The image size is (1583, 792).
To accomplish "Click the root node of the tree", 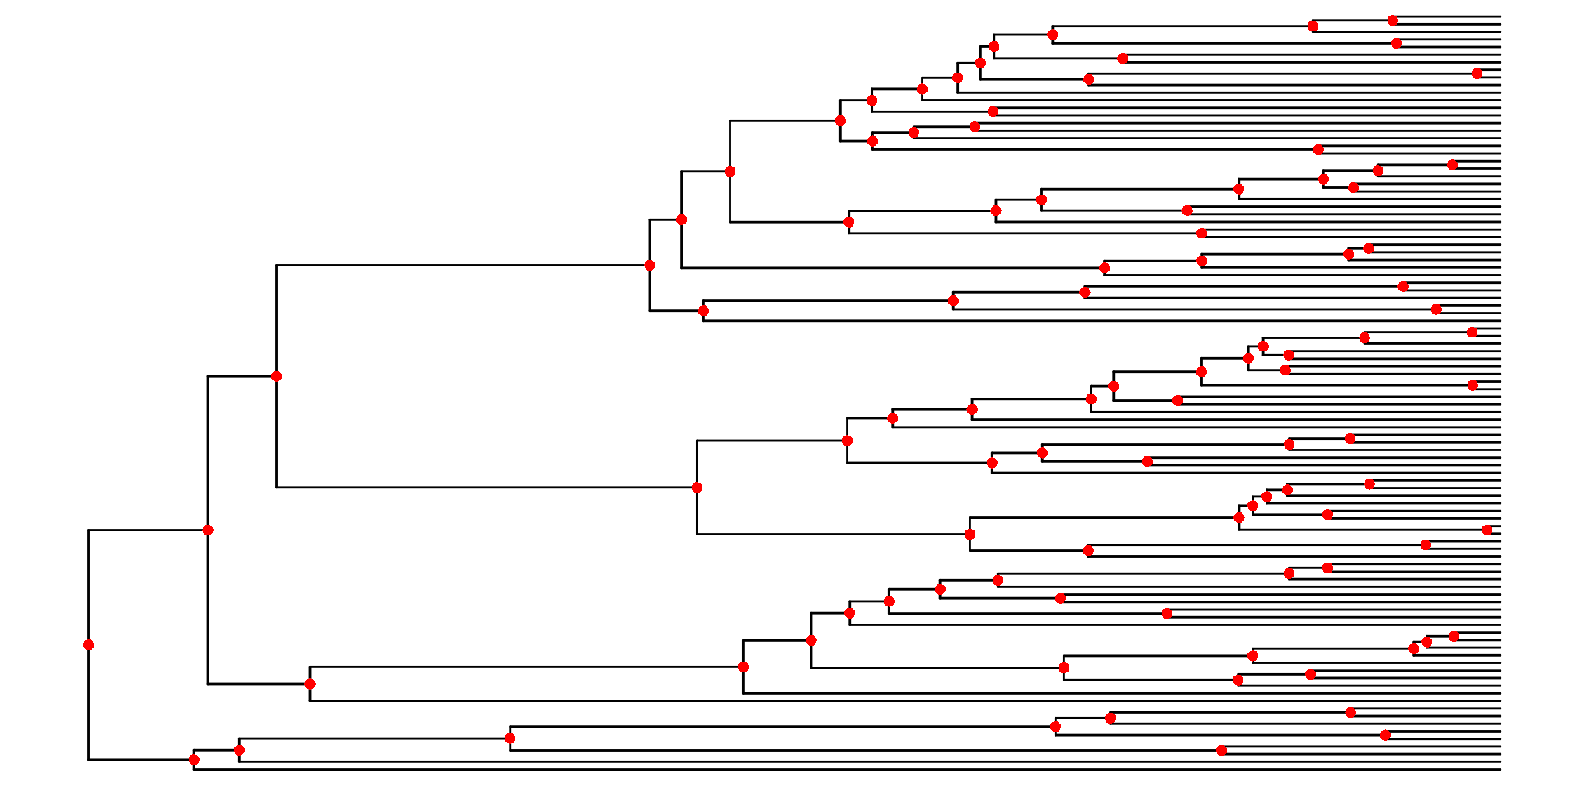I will (88, 645).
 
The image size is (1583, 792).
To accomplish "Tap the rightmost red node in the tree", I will (1487, 530).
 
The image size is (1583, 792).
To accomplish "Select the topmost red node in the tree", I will (1393, 21).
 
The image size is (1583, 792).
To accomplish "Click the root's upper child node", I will (208, 530).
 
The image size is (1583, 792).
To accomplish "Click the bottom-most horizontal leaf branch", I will (824, 769).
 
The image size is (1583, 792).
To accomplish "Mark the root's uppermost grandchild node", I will (276, 376).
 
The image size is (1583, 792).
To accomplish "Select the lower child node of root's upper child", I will (310, 684).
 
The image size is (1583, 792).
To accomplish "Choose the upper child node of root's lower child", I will (239, 750).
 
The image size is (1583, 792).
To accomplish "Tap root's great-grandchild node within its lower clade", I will (510, 738).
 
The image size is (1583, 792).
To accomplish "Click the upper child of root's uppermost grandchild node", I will (650, 265).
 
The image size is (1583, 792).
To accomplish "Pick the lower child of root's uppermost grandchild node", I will (697, 488).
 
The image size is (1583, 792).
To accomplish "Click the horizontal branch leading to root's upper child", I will (148, 530).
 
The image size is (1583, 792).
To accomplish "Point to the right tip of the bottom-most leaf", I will (1501, 769).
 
